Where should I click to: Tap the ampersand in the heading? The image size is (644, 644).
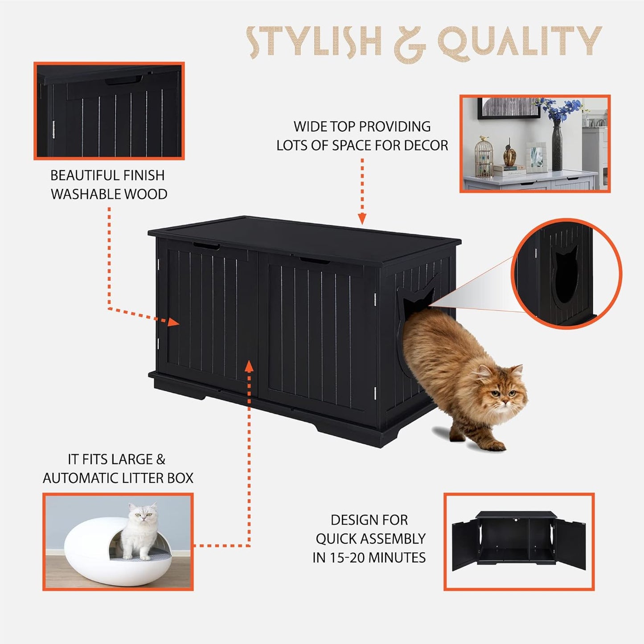click(410, 44)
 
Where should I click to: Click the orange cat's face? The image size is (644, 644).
click(502, 392)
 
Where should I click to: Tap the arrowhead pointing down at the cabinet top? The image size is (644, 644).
click(362, 219)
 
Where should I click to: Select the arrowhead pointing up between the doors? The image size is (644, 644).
click(249, 366)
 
